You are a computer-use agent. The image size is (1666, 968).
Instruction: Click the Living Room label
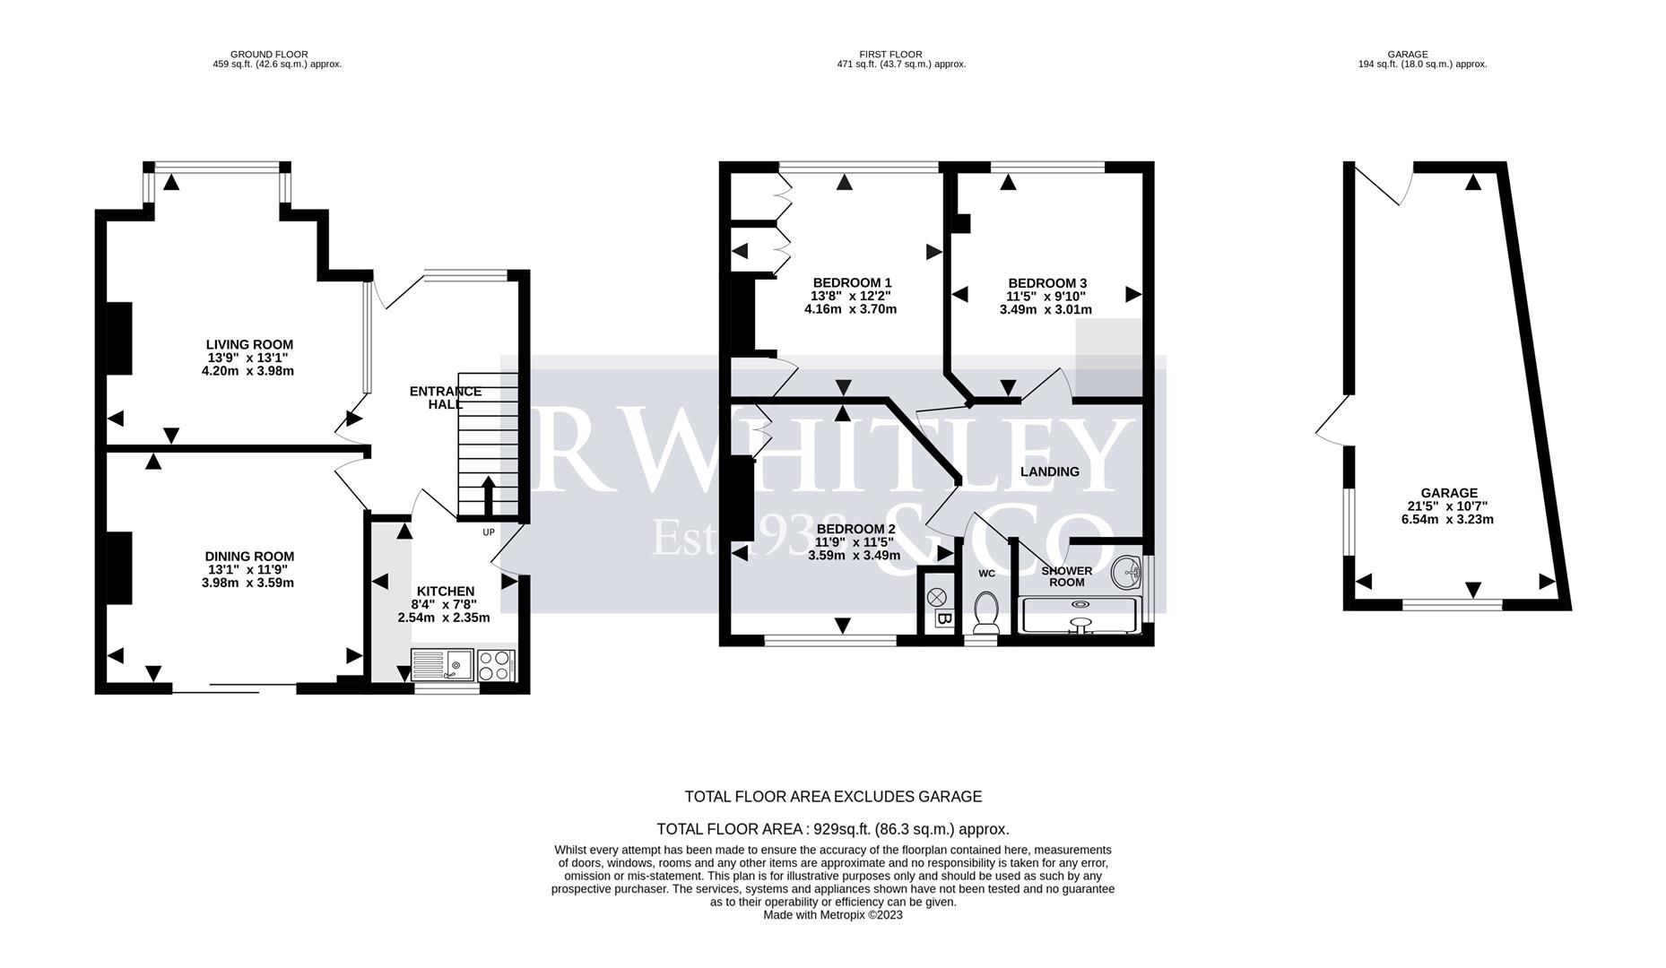point(249,344)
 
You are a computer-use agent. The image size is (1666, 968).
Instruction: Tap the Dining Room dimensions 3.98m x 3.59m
point(248,583)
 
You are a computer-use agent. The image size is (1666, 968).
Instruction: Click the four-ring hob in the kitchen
point(496,665)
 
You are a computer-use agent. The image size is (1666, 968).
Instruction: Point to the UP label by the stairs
point(489,532)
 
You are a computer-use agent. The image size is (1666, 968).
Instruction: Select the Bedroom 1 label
point(852,282)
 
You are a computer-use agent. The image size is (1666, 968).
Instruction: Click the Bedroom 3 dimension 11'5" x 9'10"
point(1046,296)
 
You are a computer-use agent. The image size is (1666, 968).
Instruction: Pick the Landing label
point(1050,471)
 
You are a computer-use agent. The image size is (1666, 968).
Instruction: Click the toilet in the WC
point(986,612)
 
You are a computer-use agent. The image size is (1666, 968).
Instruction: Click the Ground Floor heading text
point(269,55)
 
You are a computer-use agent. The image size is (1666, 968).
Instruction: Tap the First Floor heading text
point(890,55)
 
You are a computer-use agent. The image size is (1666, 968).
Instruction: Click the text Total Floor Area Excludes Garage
point(833,797)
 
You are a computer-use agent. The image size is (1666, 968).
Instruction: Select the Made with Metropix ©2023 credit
point(833,915)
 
